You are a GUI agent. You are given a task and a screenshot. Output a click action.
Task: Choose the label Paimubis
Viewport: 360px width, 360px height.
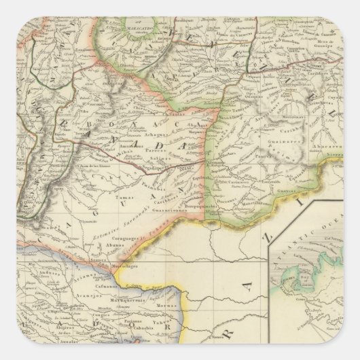click(160, 182)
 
